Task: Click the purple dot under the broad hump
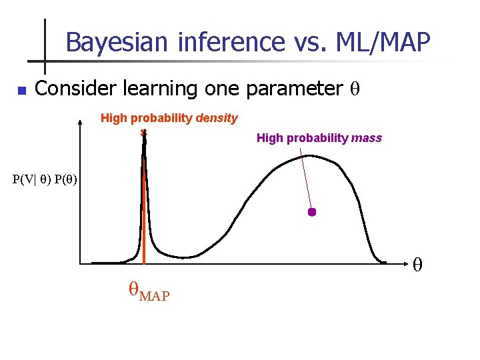311,212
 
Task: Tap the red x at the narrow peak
143,133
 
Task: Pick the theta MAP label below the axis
148,291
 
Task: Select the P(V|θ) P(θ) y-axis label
45,179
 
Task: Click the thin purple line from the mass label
305,180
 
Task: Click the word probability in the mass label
316,138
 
